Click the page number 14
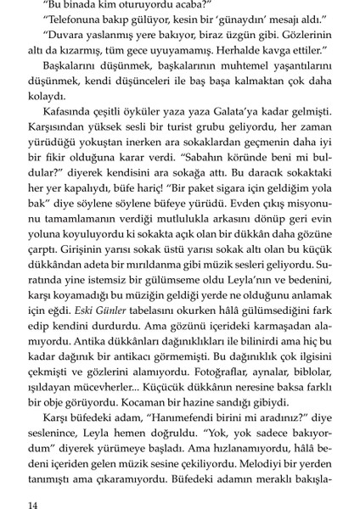coord(33,505)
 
